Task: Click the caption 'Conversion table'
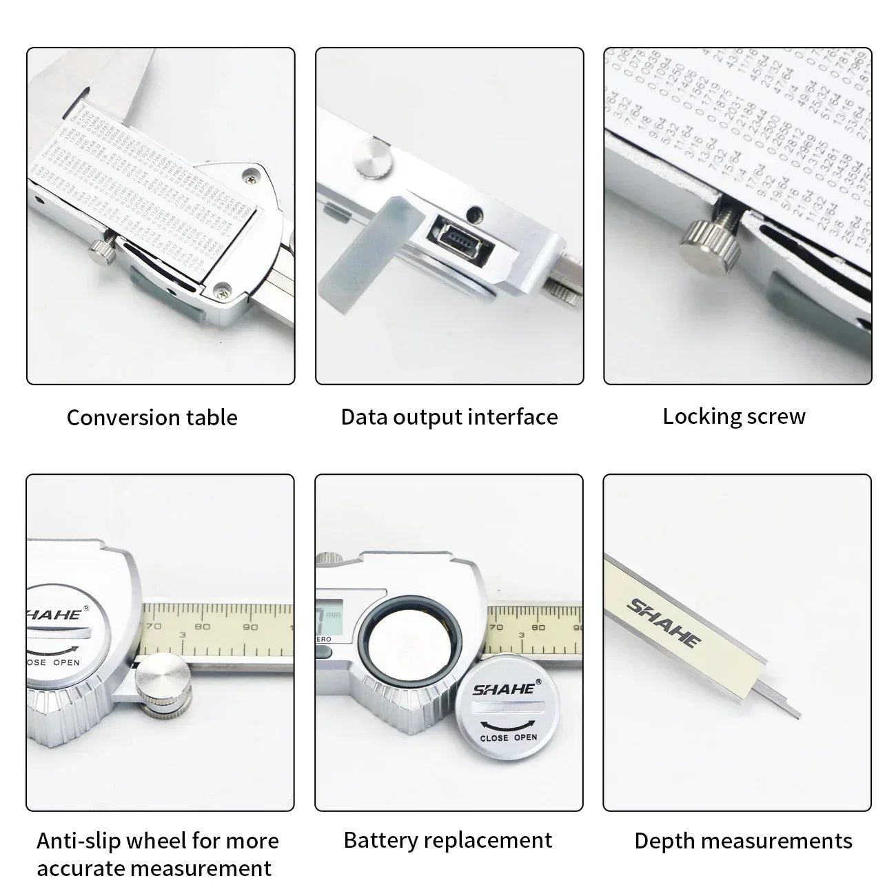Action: tap(152, 418)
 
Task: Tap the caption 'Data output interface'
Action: tap(449, 417)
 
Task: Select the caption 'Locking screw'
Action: tap(734, 416)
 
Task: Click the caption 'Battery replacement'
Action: tap(448, 840)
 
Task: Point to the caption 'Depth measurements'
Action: tap(743, 841)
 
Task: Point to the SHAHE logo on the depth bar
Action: tap(663, 623)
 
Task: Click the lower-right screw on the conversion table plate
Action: tap(221, 291)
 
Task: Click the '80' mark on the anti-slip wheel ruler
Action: tap(202, 627)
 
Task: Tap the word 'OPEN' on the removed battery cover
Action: tap(525, 737)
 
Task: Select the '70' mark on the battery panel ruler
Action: tap(496, 627)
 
